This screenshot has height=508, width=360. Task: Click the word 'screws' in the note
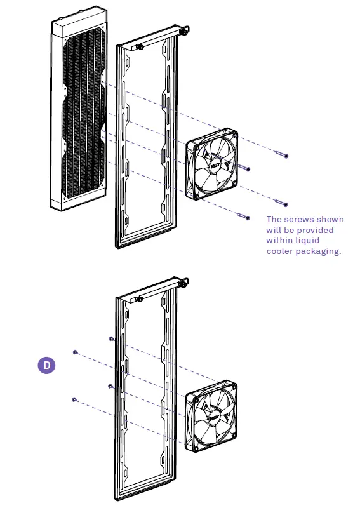coord(298,219)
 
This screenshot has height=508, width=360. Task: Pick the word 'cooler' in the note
coord(281,251)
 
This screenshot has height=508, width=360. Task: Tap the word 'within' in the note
coord(281,241)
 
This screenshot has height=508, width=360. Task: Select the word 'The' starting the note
coord(274,219)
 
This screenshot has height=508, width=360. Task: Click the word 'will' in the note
coord(274,230)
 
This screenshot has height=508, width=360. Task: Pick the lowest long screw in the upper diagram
coord(242,216)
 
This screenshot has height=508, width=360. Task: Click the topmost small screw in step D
coord(112,338)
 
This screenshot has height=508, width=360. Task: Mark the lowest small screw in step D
coord(74,399)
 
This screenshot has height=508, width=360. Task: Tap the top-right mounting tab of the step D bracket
coord(187,280)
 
